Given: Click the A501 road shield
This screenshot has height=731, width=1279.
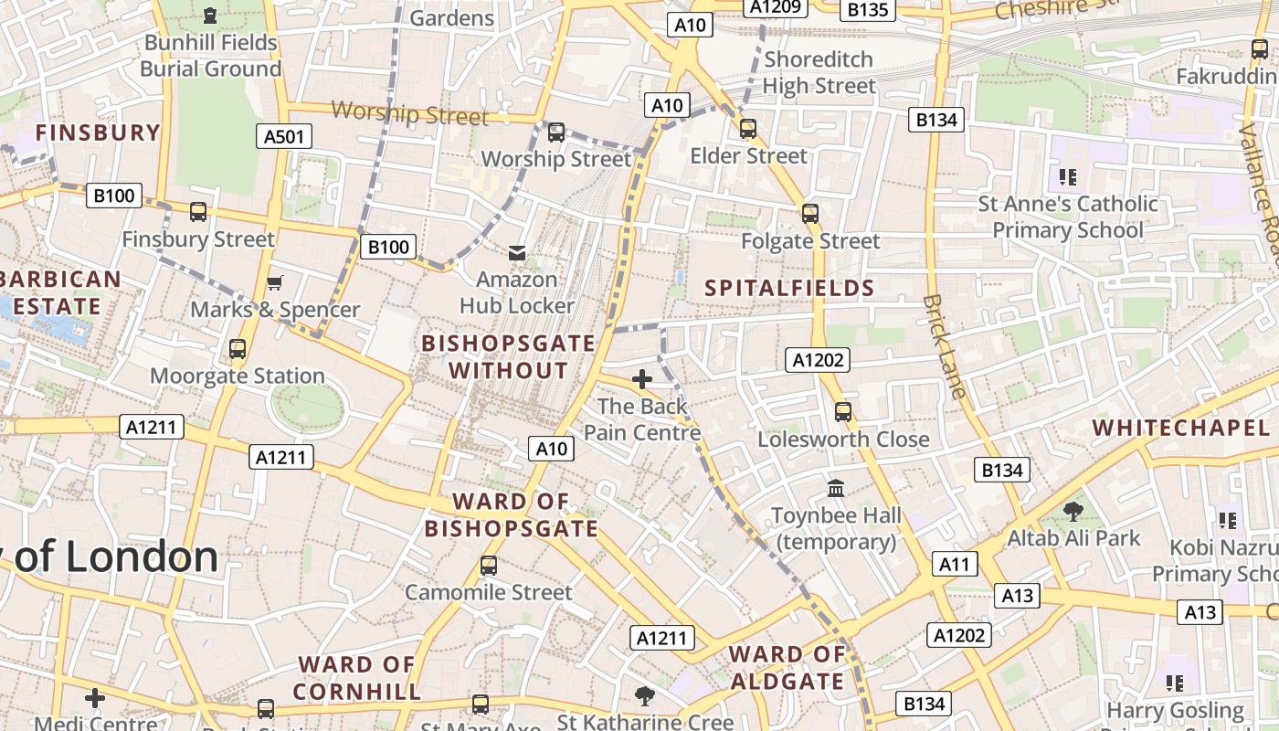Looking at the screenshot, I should tap(283, 137).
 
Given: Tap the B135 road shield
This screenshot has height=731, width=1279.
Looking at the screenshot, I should tap(867, 10).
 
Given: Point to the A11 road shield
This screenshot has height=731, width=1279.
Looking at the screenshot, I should tap(954, 564).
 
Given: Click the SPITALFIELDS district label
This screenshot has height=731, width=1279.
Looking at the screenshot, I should tap(789, 289).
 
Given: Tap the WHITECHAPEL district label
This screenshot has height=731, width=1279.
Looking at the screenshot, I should tap(1180, 428).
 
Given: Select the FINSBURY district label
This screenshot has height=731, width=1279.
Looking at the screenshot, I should tap(98, 132).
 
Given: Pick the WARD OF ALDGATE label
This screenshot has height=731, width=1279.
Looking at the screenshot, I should tap(787, 668).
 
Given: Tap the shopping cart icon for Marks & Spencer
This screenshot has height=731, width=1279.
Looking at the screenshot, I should tap(274, 283).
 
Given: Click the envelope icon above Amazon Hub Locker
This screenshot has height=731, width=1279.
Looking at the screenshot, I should tap(517, 252).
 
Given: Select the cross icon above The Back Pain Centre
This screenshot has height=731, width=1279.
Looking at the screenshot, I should tap(642, 378).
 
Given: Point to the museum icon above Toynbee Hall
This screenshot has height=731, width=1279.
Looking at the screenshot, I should tap(836, 488).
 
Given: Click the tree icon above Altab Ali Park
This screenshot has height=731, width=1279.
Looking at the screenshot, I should tap(1073, 512).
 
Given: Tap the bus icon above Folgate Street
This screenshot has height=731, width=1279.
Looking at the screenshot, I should tap(810, 214).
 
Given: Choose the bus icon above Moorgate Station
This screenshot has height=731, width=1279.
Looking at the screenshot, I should tap(238, 349).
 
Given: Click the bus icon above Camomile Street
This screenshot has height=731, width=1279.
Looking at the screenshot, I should tap(489, 566).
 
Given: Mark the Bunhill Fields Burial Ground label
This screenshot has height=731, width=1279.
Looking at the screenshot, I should tap(210, 55).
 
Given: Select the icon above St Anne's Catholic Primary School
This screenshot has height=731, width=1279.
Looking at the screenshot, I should tap(1067, 176).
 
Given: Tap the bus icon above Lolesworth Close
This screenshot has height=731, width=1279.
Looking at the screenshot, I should tap(843, 412).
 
